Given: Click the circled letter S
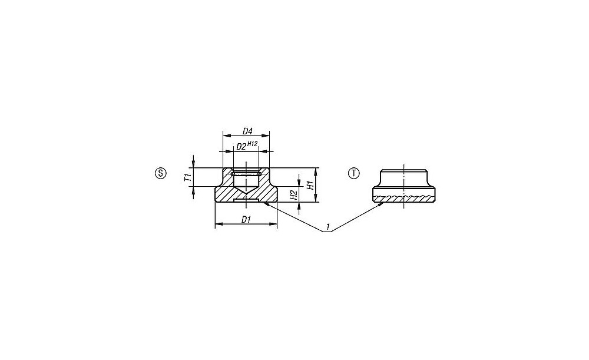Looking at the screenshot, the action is (160, 173).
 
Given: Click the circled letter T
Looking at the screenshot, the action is (354, 173).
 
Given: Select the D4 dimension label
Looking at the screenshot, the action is (247, 131).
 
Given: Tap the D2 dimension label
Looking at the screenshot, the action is (240, 147).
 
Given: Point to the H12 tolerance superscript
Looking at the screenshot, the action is (252, 144).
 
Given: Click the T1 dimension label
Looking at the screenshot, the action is (188, 177).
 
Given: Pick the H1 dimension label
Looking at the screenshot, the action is (310, 185).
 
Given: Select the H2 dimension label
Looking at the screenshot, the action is (294, 194).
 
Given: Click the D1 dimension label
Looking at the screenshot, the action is (246, 219).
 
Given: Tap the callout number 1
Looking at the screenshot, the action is (328, 227).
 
